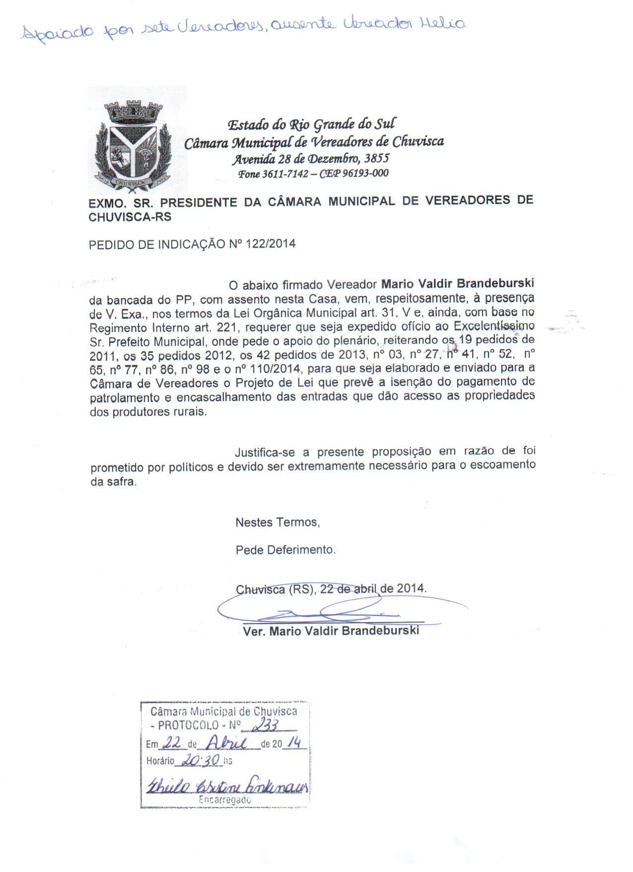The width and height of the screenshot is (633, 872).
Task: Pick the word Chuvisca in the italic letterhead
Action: coord(418,142)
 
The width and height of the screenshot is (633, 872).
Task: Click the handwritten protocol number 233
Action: coord(265,726)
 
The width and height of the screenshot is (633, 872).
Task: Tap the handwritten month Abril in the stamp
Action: coord(226,743)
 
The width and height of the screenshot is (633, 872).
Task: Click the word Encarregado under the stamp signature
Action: coord(224,800)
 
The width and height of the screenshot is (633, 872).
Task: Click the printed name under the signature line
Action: coord(331,631)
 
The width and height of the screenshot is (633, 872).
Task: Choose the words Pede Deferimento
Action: coord(285,550)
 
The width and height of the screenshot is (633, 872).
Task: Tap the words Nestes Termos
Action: coord(277,522)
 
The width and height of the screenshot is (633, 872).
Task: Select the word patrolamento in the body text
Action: coord(125,398)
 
